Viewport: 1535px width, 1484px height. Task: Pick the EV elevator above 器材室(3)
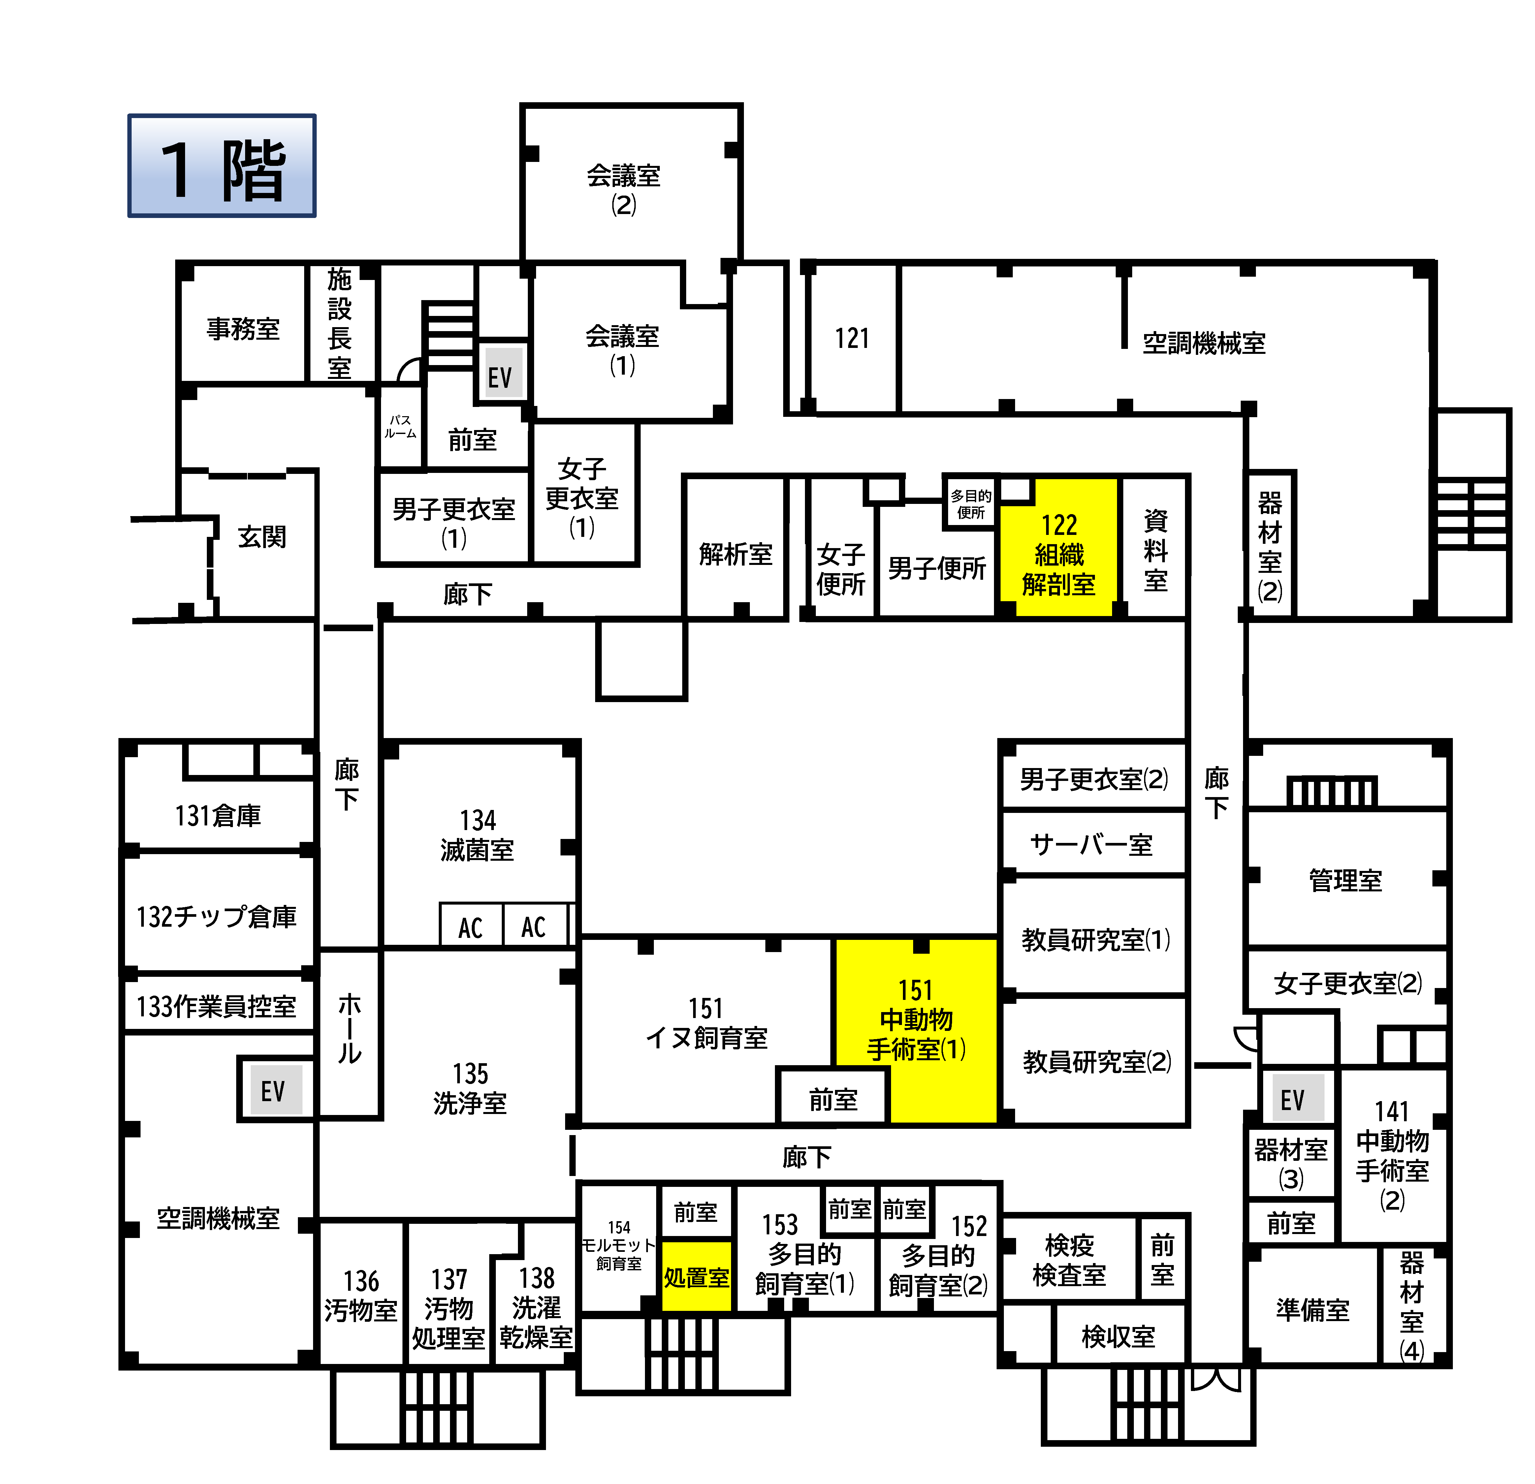pyautogui.click(x=1293, y=1099)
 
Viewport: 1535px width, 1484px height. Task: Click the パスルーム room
pyautogui.click(x=400, y=427)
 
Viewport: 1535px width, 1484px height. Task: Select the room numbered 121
pyautogui.click(x=852, y=338)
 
